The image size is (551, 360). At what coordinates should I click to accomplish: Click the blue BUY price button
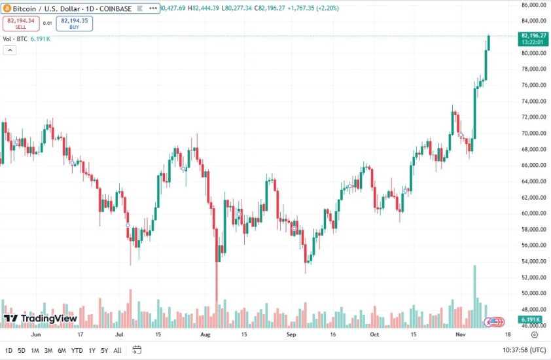pos(75,24)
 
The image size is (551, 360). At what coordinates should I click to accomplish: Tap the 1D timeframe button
pos(9,350)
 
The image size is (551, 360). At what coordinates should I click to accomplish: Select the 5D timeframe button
pos(22,350)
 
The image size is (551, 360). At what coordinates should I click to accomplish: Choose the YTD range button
pos(77,350)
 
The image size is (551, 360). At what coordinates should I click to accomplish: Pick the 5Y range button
pos(104,350)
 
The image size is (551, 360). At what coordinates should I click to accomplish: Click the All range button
pos(117,350)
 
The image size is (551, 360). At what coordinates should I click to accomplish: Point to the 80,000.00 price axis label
pos(533,53)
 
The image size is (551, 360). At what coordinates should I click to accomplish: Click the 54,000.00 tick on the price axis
pos(533,261)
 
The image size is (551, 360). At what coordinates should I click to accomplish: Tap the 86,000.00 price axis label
pos(533,5)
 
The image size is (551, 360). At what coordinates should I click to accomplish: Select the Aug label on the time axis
pos(205,334)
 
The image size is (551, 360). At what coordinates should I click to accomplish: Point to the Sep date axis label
pos(292,334)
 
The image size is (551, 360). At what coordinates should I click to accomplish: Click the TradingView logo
pos(41,319)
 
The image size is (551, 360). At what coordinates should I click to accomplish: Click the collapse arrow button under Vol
pos(9,50)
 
